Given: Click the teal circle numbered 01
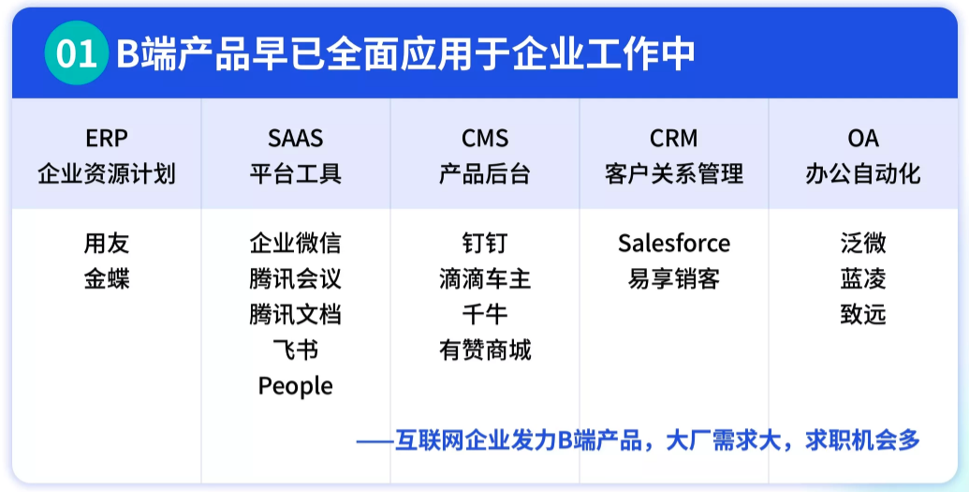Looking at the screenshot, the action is click(x=77, y=53).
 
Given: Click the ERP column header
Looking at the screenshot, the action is click(x=106, y=139).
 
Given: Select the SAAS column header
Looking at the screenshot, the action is click(x=295, y=139).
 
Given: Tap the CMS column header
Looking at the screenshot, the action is click(x=485, y=139).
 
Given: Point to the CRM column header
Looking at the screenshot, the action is click(x=673, y=139).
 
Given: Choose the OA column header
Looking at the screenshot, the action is click(x=862, y=139).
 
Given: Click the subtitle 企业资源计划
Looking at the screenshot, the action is click(x=106, y=174).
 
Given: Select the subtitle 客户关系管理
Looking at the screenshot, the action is click(x=673, y=174).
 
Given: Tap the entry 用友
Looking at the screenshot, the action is click(x=106, y=244).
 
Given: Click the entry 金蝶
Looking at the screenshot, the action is click(x=106, y=279).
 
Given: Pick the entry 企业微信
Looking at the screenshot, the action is click(x=295, y=244).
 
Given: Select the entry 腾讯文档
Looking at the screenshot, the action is click(x=295, y=315).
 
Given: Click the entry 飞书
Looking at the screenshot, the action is click(x=295, y=350).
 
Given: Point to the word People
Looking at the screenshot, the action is click(x=295, y=386).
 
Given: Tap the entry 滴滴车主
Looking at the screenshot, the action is click(x=485, y=279).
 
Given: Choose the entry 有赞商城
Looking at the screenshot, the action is click(x=485, y=350).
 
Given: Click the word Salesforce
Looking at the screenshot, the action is click(x=673, y=244).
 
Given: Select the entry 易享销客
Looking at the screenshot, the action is click(x=673, y=279).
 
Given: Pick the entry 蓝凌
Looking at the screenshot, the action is click(x=862, y=279).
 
